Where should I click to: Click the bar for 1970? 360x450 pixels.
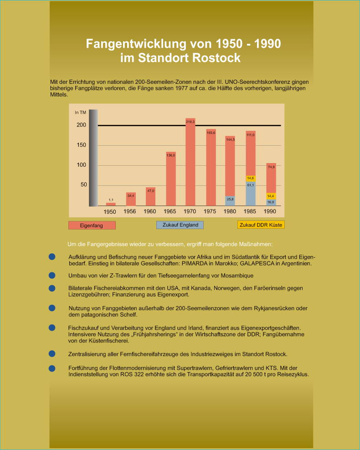(190, 164)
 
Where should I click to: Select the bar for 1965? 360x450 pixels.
(170, 180)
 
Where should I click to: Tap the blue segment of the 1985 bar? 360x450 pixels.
(251, 194)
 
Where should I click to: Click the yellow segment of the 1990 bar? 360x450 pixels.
(271, 196)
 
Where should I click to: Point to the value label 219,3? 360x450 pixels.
(190, 122)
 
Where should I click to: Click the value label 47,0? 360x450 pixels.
(151, 191)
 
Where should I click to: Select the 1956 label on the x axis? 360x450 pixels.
(130, 212)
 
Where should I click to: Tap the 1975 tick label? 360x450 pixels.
(211, 212)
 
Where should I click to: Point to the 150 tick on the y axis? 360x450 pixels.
(81, 145)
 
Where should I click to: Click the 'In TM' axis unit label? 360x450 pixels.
(80, 112)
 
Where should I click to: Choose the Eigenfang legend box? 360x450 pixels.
(92, 225)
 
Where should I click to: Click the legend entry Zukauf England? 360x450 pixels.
(180, 225)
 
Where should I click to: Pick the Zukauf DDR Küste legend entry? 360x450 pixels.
(261, 225)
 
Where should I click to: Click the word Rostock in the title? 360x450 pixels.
(218, 58)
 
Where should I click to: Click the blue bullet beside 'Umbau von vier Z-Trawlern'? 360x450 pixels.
(52, 276)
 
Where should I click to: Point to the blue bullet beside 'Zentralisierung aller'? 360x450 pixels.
(52, 354)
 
